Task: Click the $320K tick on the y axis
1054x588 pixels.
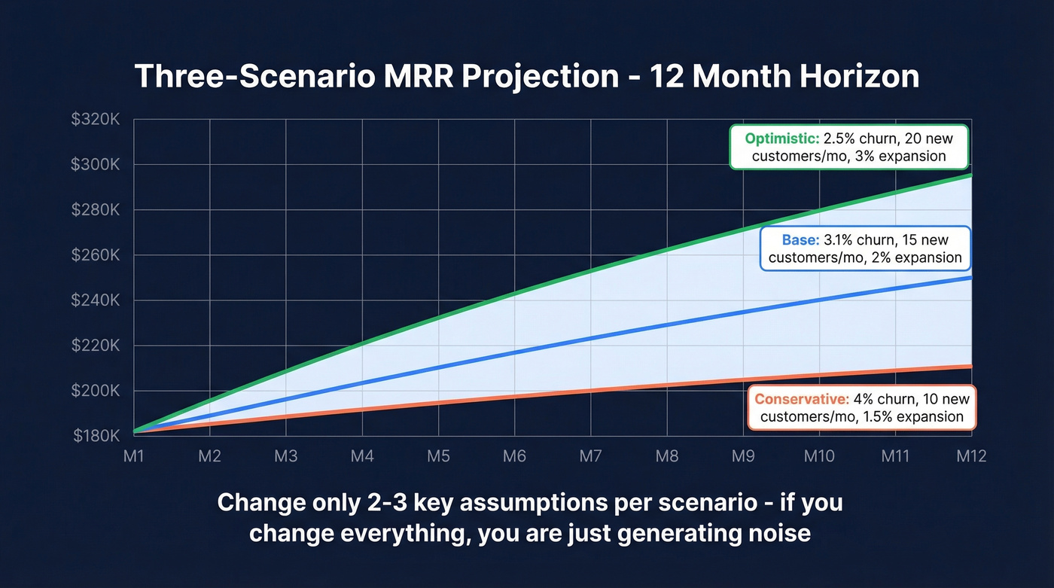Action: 95,119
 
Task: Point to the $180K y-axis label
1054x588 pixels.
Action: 95,436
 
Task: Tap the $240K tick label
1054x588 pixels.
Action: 95,300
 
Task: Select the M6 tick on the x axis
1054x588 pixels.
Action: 514,456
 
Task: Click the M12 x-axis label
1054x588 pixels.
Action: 971,456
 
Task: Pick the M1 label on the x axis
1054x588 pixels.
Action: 133,456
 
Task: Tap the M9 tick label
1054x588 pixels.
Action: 743,456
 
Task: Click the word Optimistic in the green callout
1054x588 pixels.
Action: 778,139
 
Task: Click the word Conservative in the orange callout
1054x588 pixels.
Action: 802,399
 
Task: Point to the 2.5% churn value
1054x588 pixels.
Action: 840,139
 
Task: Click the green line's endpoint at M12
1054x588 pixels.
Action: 971,175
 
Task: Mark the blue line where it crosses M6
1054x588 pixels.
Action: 514,352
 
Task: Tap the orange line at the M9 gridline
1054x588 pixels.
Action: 743,380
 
